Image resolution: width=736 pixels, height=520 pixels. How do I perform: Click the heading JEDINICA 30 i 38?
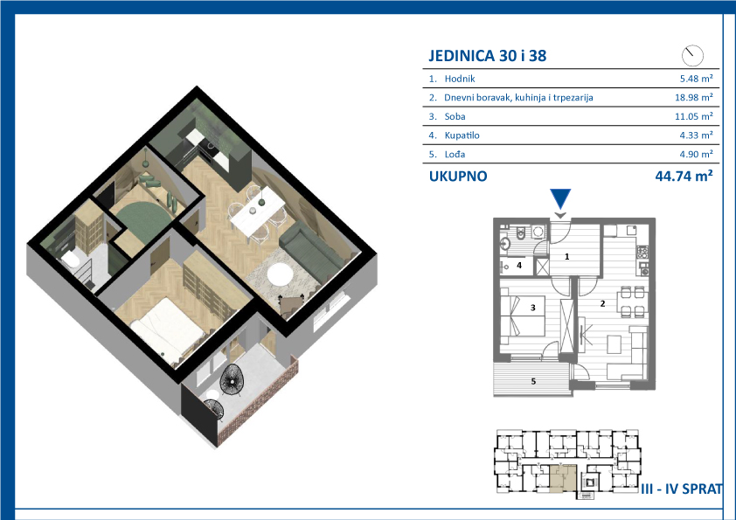(x=488, y=55)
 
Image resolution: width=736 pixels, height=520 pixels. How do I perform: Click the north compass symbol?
(x=692, y=55)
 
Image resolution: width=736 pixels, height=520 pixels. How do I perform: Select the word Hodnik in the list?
(x=460, y=79)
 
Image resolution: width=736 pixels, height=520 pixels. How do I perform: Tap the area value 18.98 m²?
(x=694, y=97)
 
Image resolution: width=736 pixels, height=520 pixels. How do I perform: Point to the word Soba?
(x=455, y=116)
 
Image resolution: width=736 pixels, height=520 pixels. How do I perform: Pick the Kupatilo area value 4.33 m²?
(x=696, y=135)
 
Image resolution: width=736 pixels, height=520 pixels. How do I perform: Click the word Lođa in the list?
(x=455, y=154)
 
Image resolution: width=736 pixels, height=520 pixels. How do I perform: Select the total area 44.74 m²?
(x=684, y=176)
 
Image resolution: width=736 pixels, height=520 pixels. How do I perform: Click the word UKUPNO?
(x=458, y=177)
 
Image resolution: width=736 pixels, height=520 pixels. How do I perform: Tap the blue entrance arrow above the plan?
(x=560, y=198)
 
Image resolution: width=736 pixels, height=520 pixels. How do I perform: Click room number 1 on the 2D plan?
(x=567, y=257)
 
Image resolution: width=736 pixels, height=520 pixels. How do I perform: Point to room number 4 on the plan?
(x=519, y=266)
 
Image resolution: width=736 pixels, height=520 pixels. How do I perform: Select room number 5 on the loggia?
(x=533, y=381)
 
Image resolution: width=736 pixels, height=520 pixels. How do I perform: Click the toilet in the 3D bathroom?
(x=72, y=259)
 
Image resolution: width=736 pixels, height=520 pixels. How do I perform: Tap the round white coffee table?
(x=279, y=274)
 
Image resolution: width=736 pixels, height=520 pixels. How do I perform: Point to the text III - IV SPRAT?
(x=682, y=489)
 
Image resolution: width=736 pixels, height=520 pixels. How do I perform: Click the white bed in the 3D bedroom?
(x=168, y=331)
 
